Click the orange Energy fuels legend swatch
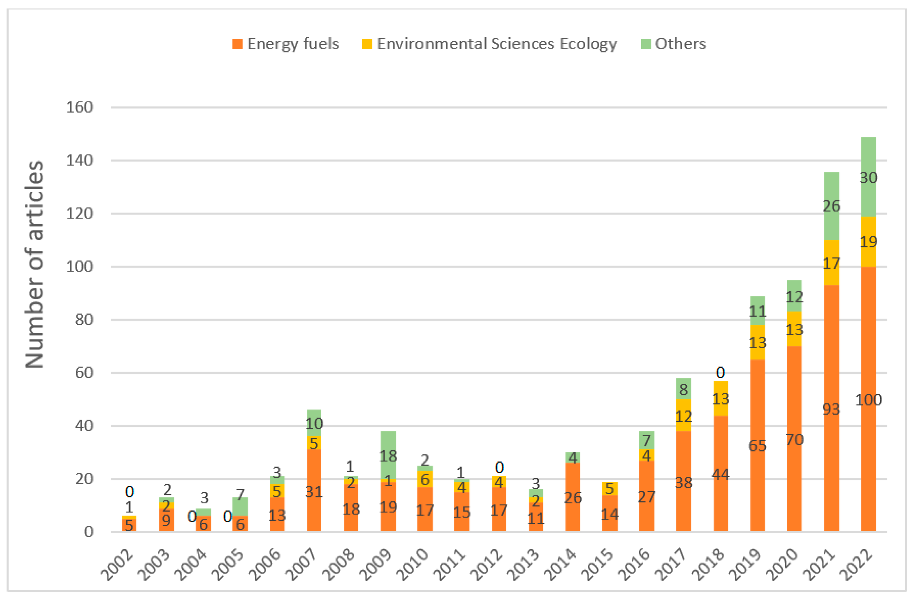(237, 44)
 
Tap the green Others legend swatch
(646, 44)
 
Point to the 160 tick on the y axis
(79, 107)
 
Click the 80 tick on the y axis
(84, 320)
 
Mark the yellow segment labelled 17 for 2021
(831, 263)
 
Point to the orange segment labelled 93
(831, 409)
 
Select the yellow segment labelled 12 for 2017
(683, 416)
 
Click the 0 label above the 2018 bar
(720, 372)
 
